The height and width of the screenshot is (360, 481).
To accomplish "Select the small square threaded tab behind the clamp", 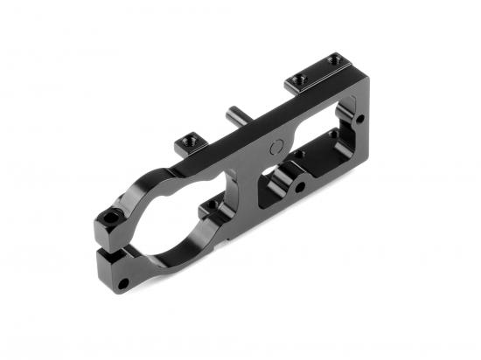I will click(187, 139).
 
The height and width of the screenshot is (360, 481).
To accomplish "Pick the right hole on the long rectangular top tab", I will click(332, 61).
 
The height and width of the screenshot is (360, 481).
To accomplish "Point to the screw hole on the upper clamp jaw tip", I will click(109, 215).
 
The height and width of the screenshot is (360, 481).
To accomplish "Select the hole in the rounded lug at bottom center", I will click(300, 186).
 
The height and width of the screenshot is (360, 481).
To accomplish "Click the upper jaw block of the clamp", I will click(108, 225).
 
